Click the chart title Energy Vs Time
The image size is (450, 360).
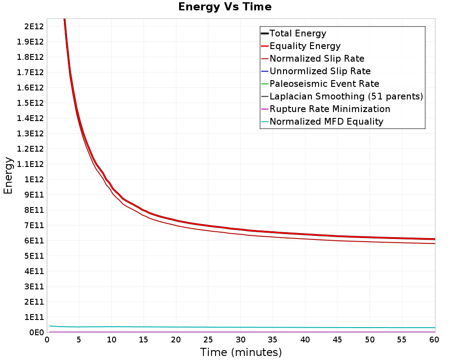click(225, 7)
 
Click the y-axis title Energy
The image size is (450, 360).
click(8, 175)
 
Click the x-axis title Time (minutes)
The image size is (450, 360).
click(241, 352)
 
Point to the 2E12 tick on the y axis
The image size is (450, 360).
click(34, 27)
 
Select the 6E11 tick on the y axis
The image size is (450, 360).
click(34, 241)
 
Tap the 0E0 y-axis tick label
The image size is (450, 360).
click(36, 333)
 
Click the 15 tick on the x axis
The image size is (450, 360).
click(143, 340)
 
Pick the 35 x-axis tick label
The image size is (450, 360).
click(273, 340)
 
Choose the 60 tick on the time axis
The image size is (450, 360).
click(434, 340)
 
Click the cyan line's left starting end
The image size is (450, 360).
click(50, 326)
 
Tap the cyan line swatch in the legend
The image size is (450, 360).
click(265, 121)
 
